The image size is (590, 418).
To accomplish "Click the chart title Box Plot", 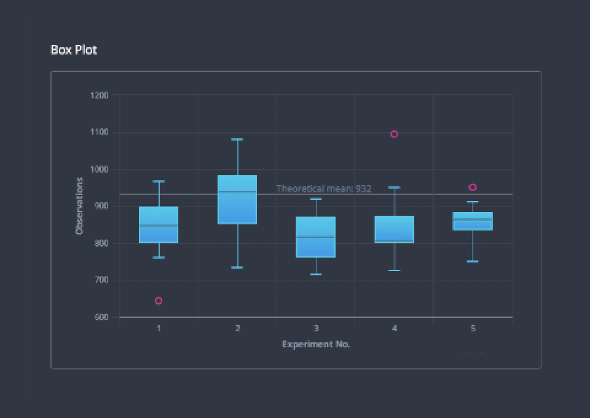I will click(74, 50).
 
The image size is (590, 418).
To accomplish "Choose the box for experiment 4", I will click(394, 229).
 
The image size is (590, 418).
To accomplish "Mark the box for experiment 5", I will click(473, 221).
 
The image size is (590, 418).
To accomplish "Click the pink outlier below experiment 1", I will click(159, 301).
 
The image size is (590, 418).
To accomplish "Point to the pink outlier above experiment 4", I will click(394, 134).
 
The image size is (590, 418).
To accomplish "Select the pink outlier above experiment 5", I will click(473, 187).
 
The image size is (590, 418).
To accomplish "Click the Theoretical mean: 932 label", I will click(324, 189).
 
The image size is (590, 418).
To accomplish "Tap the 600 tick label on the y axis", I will click(100, 317).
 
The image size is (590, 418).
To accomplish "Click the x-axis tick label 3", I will click(316, 328).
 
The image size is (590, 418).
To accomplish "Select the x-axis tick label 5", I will click(473, 328).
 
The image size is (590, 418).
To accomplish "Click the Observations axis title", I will click(79, 206).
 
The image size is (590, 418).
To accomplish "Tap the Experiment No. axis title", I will click(316, 344).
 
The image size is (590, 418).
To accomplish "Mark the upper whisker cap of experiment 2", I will click(237, 140).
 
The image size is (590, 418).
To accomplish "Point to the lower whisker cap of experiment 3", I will click(316, 274).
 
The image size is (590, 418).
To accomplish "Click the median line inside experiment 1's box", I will click(159, 226).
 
